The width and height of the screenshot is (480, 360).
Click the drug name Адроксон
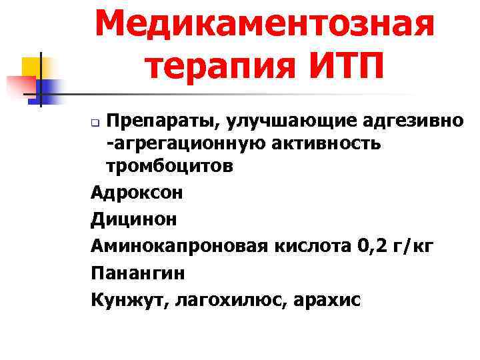pyautogui.click(x=137, y=193)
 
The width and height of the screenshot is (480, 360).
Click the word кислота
pyautogui.click(x=310, y=247)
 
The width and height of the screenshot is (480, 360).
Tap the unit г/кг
pyautogui.click(x=413, y=247)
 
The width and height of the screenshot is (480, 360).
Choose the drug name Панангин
pyautogui.click(x=138, y=273)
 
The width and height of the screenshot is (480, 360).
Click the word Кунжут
pyautogui.click(x=129, y=300)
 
